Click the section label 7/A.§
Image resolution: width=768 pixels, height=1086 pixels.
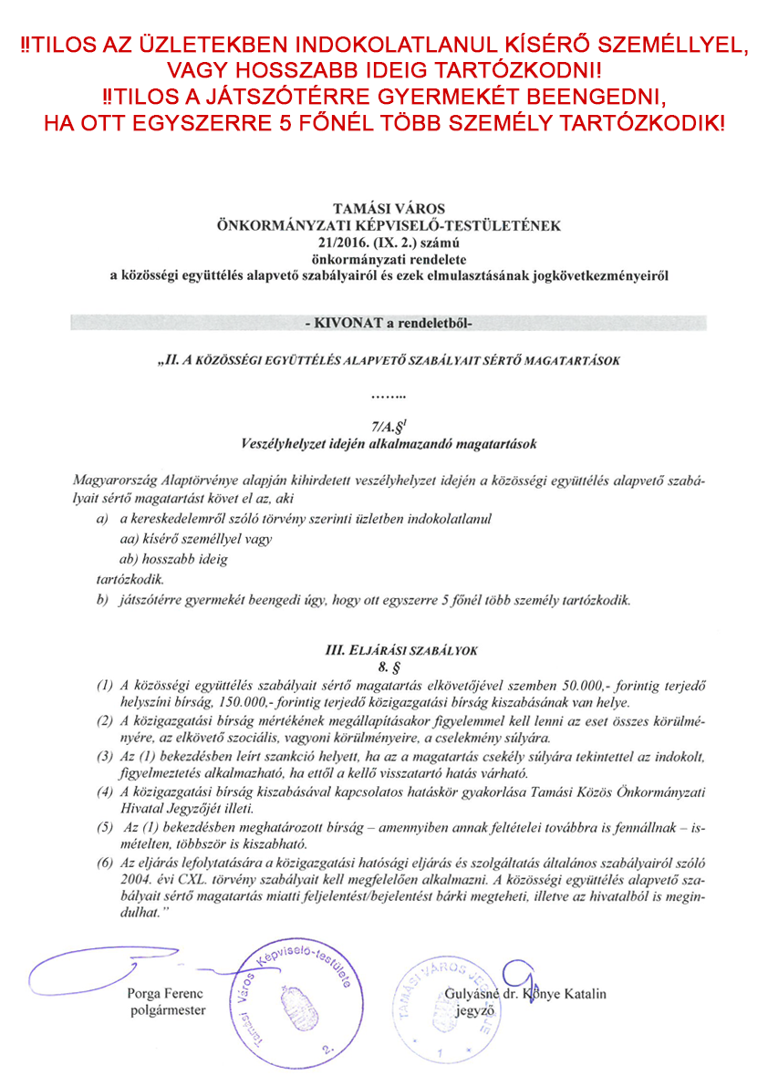pos(386,426)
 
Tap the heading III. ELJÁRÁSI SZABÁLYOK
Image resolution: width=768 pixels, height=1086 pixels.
pos(389,650)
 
